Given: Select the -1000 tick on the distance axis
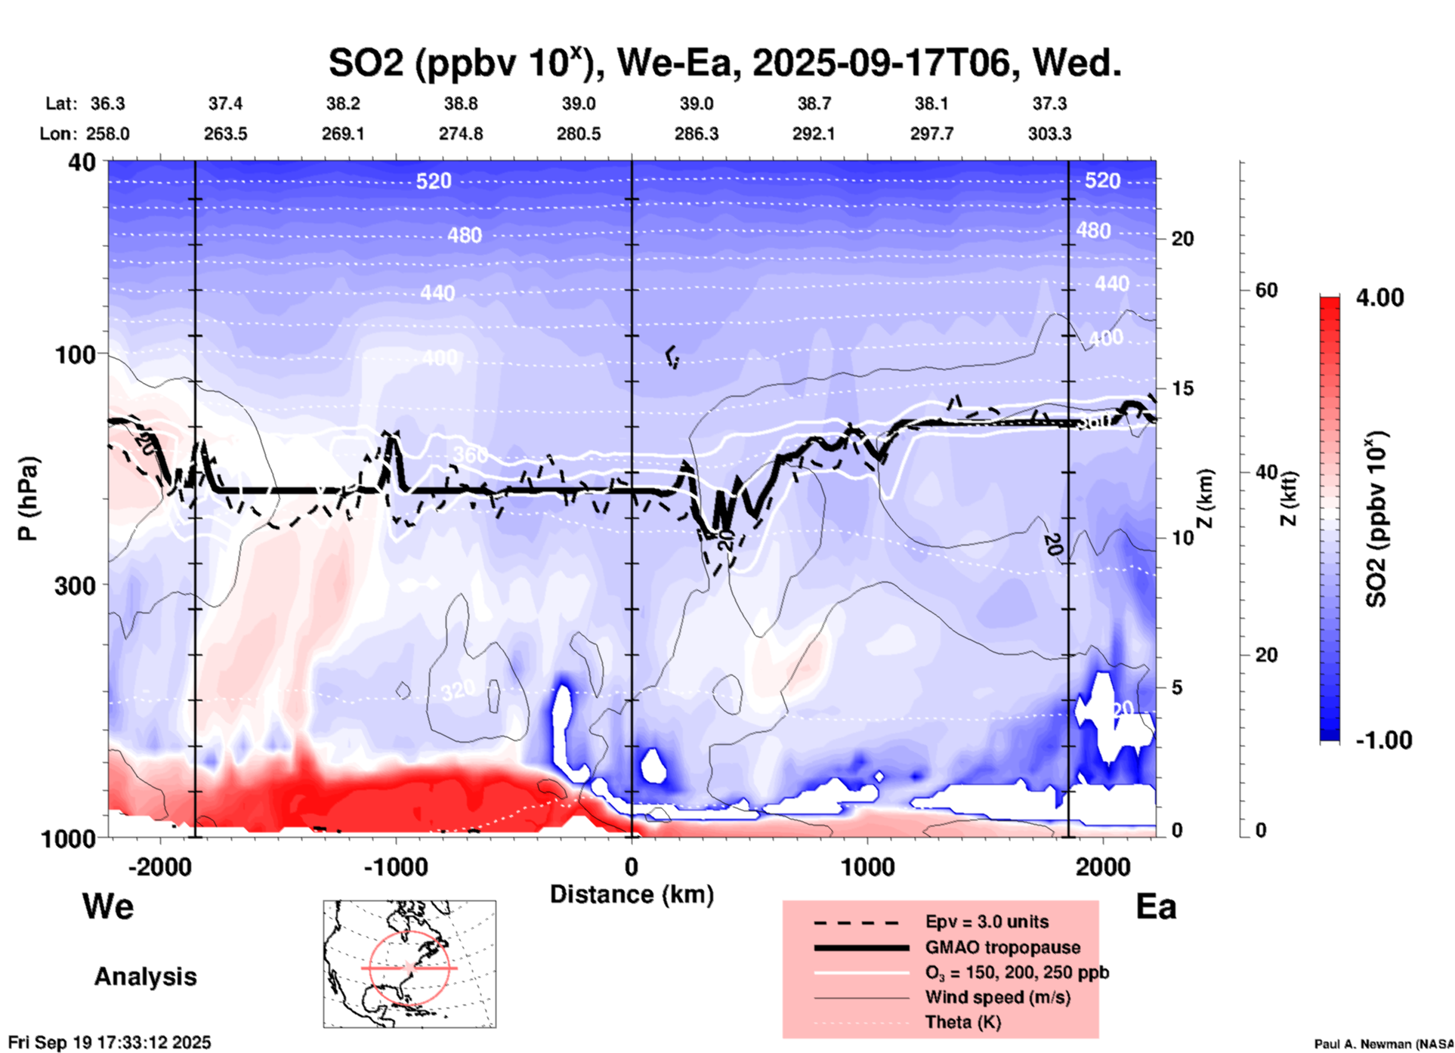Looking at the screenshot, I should click(x=395, y=866).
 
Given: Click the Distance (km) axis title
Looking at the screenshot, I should click(x=632, y=894).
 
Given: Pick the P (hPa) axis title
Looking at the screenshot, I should click(x=28, y=499).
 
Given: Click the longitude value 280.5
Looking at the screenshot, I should click(x=579, y=134).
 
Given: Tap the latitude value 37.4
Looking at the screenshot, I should click(x=225, y=103).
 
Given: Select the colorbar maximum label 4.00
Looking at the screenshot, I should click(x=1379, y=298).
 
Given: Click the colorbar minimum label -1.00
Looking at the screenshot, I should click(x=1383, y=740).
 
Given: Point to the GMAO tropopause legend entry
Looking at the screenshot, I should click(x=1002, y=947).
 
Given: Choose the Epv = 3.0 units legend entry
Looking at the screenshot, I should click(x=987, y=922).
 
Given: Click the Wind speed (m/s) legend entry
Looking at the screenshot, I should click(x=997, y=997).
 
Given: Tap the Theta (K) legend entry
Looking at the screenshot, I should click(x=962, y=1022).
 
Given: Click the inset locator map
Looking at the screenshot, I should click(x=409, y=963).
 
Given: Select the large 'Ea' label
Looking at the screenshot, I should click(x=1156, y=906).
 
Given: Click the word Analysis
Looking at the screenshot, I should click(x=145, y=976).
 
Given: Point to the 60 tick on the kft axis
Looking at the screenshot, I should click(x=1266, y=290).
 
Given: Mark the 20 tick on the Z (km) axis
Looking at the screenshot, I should click(x=1182, y=239).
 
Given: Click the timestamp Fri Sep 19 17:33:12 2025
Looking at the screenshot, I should click(x=110, y=1042).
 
